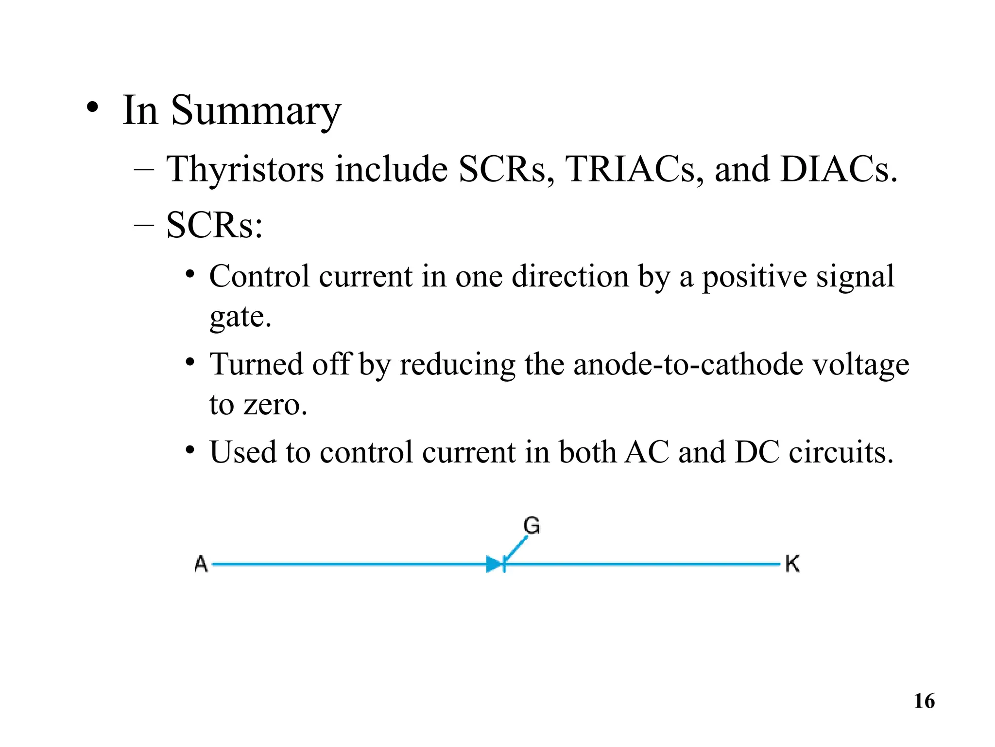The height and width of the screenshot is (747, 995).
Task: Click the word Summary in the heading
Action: pos(256,111)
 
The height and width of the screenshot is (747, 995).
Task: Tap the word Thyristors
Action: pos(245,170)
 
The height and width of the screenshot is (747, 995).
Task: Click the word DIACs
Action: pos(838,170)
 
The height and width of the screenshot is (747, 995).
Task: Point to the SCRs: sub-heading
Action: pos(214,226)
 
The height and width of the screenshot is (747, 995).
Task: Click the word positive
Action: pos(754,277)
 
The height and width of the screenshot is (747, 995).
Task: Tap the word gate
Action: pos(240,317)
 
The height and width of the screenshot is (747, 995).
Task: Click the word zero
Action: pos(275,405)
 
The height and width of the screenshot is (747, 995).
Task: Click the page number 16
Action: pos(924,701)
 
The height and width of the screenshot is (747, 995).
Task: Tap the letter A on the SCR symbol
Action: pos(201,564)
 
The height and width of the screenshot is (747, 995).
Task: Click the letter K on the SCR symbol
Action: pos(792,564)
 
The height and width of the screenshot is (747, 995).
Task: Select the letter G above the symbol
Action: pos(532,526)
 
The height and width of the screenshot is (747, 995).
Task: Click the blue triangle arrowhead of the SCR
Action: pos(494,564)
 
